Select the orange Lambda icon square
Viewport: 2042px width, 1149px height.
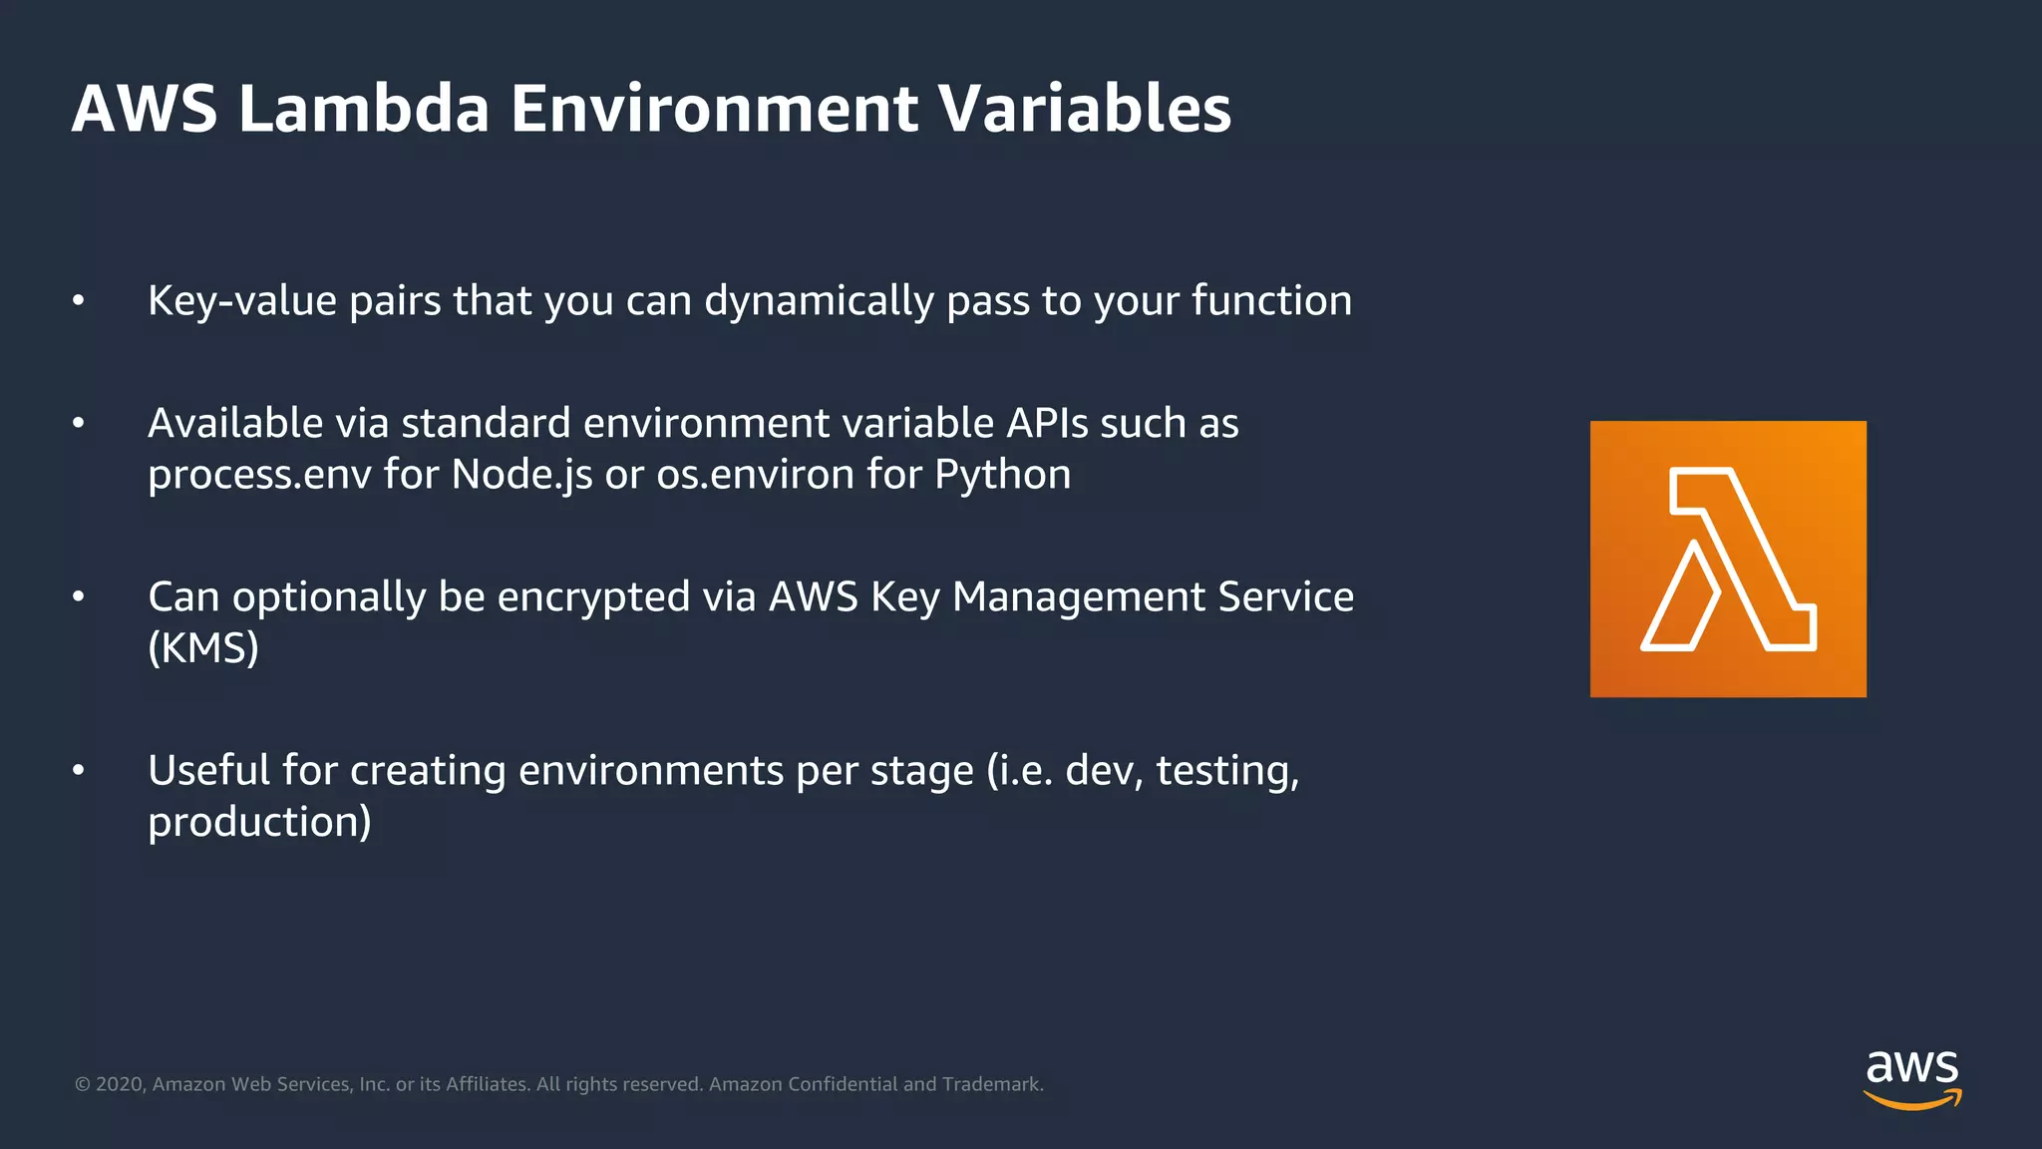[x=1727, y=559]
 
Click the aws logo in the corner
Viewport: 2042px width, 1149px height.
[x=1911, y=1078]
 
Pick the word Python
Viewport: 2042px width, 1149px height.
[x=1002, y=475]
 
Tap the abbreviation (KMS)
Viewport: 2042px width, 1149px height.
[x=203, y=648]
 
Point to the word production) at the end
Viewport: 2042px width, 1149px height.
[x=259, y=823]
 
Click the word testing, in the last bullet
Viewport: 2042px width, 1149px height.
[x=1227, y=771]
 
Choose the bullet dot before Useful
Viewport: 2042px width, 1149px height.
[x=79, y=771]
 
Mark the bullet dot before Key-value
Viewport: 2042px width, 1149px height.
[x=79, y=301]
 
